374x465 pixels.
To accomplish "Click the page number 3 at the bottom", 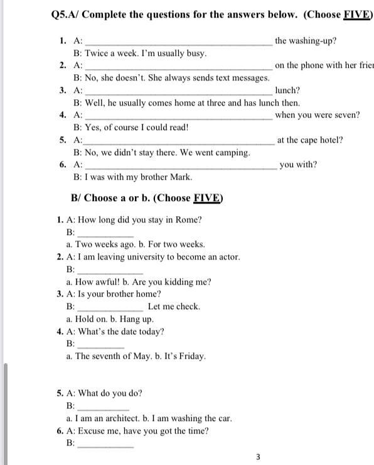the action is [258, 457].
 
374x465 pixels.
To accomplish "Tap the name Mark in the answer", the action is [181, 177].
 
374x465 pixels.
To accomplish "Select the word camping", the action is [233, 153].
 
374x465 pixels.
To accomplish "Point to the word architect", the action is [126, 418].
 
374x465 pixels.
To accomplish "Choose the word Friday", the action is [191, 356].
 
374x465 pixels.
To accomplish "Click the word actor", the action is [227, 257].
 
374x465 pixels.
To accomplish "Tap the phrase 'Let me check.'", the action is [174, 307].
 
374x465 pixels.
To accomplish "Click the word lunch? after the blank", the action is [287, 90].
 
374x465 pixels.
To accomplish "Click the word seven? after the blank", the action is [346, 115].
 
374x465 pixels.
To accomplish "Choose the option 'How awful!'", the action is [95, 282].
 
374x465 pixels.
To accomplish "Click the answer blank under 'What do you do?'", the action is [102, 406].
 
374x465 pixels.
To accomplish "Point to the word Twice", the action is [96, 53].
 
